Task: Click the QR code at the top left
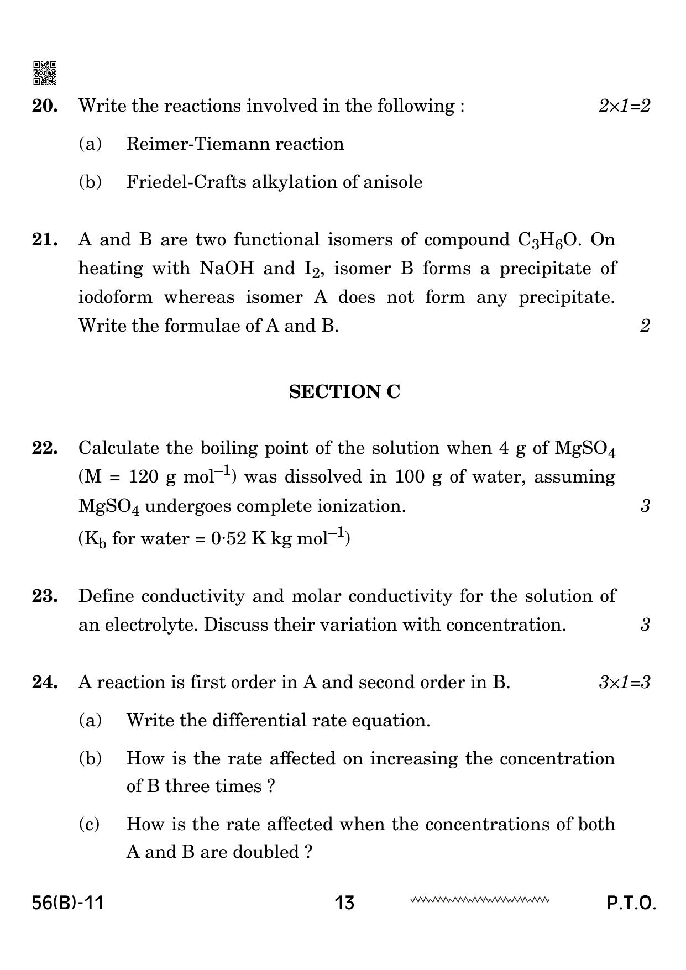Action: tap(45, 72)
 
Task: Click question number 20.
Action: tap(45, 106)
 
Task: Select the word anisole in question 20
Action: tap(392, 182)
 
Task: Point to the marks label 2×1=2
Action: tap(624, 106)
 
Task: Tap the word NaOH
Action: tap(227, 269)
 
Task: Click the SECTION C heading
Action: tap(344, 392)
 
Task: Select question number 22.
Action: tap(45, 448)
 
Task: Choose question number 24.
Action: tap(45, 682)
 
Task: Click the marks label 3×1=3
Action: tap(624, 682)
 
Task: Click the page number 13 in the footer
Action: tap(344, 903)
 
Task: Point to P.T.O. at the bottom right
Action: tap(631, 903)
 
